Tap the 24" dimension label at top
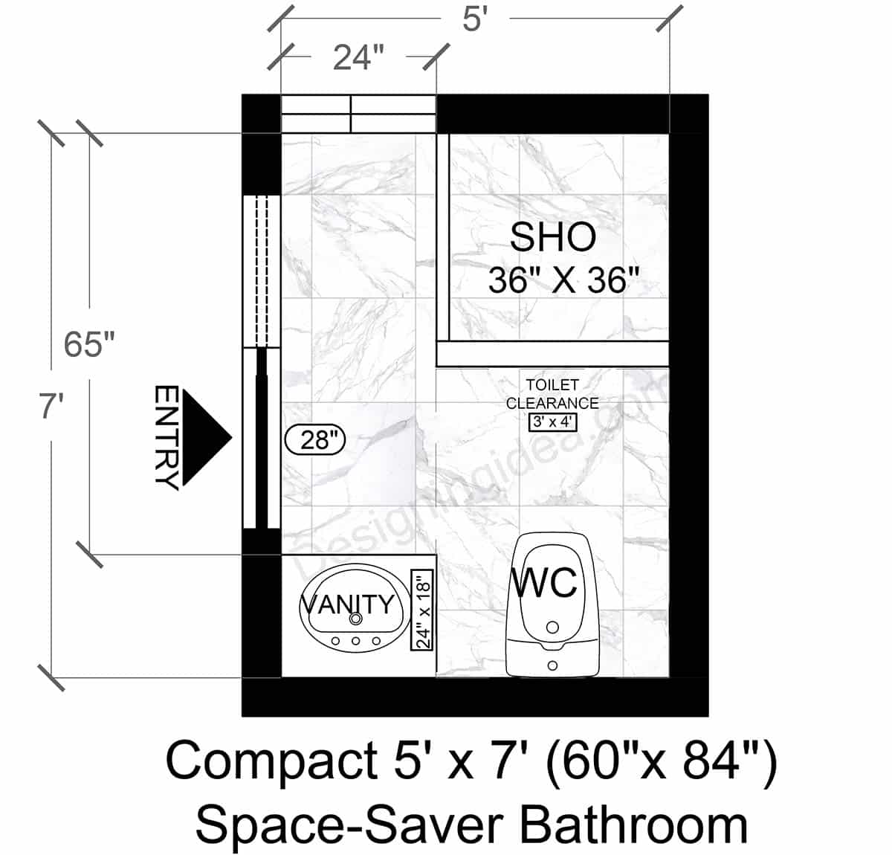tap(358, 57)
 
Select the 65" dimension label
tap(89, 344)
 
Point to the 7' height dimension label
tap(51, 407)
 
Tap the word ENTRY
tap(166, 437)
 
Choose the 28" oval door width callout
tap(316, 440)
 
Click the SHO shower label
tap(552, 236)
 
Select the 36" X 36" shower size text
tap(563, 282)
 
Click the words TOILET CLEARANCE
tap(552, 394)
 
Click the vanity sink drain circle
tap(356, 618)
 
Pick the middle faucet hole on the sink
tap(356, 640)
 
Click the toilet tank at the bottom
tap(552, 658)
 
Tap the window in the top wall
tap(358, 114)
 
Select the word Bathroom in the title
tap(633, 825)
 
